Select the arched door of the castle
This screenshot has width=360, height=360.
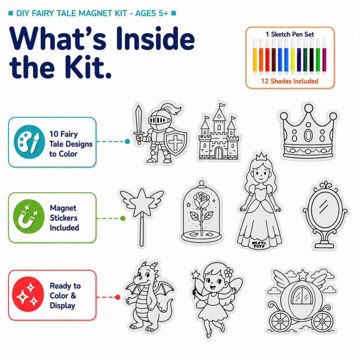(x=219, y=153)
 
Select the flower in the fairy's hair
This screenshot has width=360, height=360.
(x=228, y=273)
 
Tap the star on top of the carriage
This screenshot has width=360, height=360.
(x=302, y=275)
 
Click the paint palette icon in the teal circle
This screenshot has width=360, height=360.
(x=29, y=142)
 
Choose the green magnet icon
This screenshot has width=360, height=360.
(x=29, y=216)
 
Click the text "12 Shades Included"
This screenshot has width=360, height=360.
(x=289, y=81)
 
